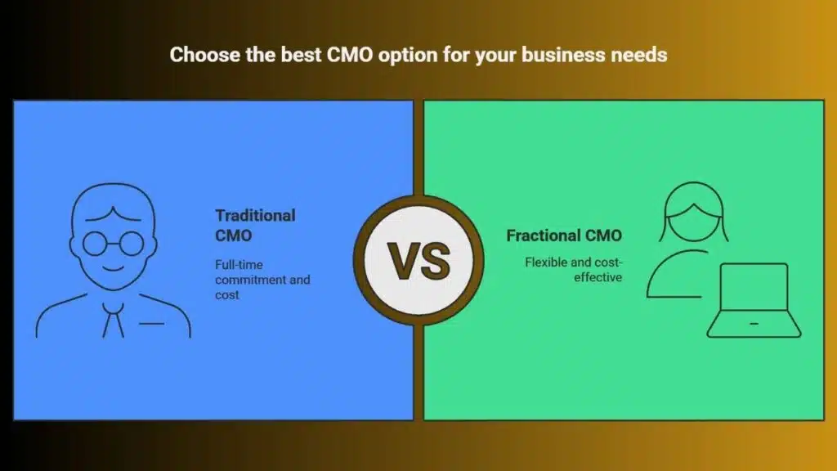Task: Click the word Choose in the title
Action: point(204,55)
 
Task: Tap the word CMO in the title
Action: point(350,55)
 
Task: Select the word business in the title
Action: point(563,55)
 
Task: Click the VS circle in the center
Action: point(418,261)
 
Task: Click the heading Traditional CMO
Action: point(255,226)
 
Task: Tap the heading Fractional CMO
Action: point(564,235)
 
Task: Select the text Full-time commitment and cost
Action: point(262,280)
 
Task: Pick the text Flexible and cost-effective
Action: point(573,270)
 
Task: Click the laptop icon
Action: point(754,300)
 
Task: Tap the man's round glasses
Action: point(113,244)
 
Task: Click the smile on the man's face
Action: point(113,267)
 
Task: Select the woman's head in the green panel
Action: point(694,212)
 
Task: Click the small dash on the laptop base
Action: point(754,324)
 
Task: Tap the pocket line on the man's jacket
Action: point(151,324)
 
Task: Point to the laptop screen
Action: point(754,287)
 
